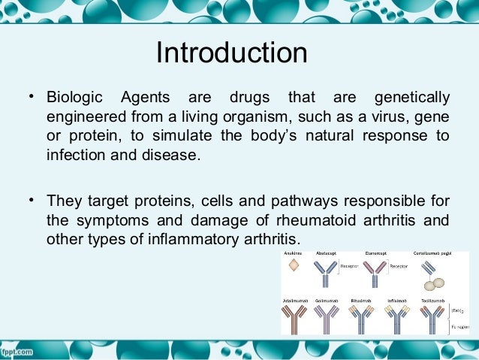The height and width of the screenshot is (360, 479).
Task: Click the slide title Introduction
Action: click(231, 54)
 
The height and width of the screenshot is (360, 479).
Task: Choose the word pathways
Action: click(268, 201)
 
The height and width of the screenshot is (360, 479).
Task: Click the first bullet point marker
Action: click(31, 97)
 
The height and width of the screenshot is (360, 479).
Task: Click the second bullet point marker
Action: click(31, 200)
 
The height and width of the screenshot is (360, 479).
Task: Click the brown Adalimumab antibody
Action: click(291, 319)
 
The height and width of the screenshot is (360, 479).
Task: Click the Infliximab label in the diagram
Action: click(397, 301)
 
